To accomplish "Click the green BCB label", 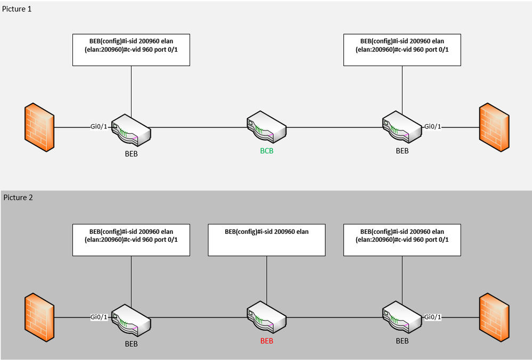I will (267, 151).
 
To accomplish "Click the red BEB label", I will (267, 341).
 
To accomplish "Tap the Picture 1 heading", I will (18, 10).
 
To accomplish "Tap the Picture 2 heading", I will (18, 198).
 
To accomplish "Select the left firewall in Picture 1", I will (39, 128).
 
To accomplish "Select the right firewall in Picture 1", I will (494, 126).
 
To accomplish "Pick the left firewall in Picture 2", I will (39, 318).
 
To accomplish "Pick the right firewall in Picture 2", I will (494, 317).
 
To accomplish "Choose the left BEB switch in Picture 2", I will (131, 319).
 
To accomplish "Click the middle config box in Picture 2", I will (266, 240).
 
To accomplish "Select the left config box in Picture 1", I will (131, 50).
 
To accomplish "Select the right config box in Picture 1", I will (402, 50).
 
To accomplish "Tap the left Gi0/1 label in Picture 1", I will (100, 127).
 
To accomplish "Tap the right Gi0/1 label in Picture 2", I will (433, 317).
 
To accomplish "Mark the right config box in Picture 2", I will (402, 240).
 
